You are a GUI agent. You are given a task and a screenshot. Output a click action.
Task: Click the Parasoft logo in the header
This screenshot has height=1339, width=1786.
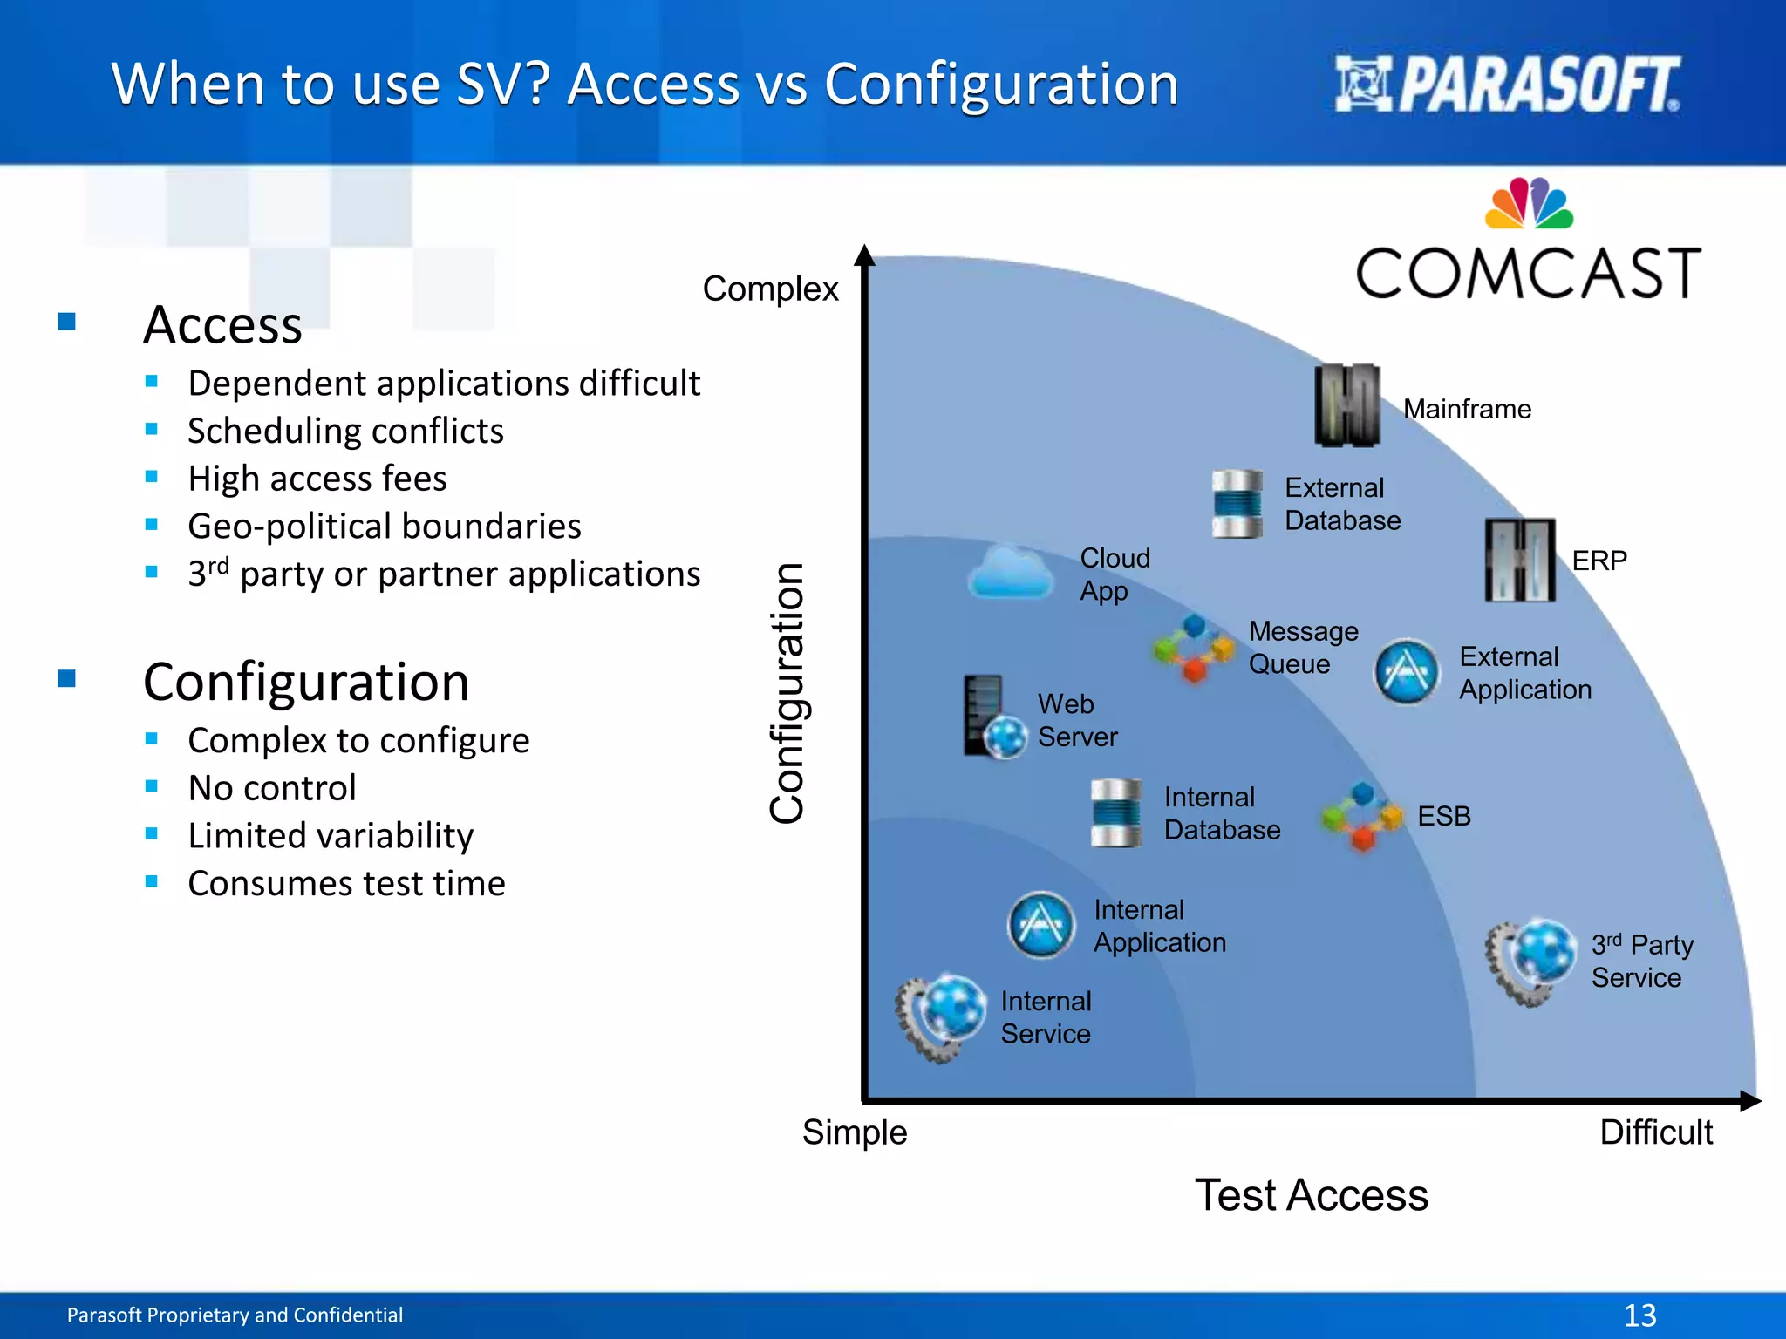point(1507,85)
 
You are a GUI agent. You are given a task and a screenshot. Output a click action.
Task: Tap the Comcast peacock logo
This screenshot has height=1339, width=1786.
point(1529,204)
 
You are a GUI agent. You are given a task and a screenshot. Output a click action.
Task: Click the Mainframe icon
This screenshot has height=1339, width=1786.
point(1347,405)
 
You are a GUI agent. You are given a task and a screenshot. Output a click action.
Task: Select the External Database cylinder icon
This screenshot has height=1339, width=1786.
point(1237,504)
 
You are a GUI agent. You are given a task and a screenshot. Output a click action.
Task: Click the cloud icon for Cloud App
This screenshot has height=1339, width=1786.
point(1011,574)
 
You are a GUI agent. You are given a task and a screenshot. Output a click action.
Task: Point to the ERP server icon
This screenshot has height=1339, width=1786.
point(1520,560)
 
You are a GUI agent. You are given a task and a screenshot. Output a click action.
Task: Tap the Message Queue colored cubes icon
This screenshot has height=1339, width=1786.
point(1195,648)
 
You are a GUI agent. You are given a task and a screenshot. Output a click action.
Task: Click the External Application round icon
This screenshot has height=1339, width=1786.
point(1406,672)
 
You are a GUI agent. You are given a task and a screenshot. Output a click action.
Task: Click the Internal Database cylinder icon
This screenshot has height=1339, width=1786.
point(1115,813)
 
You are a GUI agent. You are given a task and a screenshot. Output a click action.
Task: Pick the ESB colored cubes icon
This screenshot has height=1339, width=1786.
point(1362,816)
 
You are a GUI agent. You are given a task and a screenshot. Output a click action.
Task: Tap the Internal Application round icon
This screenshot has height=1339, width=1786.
point(1040,925)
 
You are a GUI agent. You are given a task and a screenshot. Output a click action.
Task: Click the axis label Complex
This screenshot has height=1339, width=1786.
point(770,289)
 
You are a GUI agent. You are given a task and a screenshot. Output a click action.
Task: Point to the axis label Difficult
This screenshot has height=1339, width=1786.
point(1655,1132)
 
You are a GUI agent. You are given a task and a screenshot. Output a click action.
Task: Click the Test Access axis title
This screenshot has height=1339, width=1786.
point(1311,1195)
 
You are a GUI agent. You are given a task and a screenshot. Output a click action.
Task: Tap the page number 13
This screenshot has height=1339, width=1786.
point(1639,1315)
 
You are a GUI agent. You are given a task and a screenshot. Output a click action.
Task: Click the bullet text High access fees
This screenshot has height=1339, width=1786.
point(317,479)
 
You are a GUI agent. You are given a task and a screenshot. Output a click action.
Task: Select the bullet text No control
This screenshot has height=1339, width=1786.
point(272,788)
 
